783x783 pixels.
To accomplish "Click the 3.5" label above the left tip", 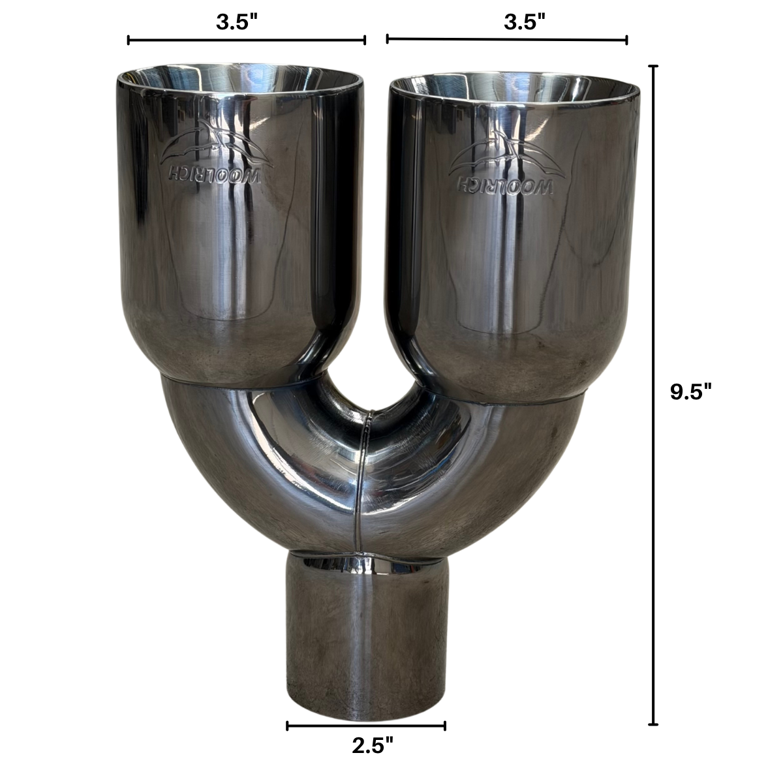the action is click(x=238, y=22).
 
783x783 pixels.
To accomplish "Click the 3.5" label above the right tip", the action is click(x=525, y=22).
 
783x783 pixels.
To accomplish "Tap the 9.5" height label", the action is click(x=691, y=393).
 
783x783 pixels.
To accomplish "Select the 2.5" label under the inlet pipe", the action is click(x=373, y=746).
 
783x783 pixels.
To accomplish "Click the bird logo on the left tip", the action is click(x=215, y=143).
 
